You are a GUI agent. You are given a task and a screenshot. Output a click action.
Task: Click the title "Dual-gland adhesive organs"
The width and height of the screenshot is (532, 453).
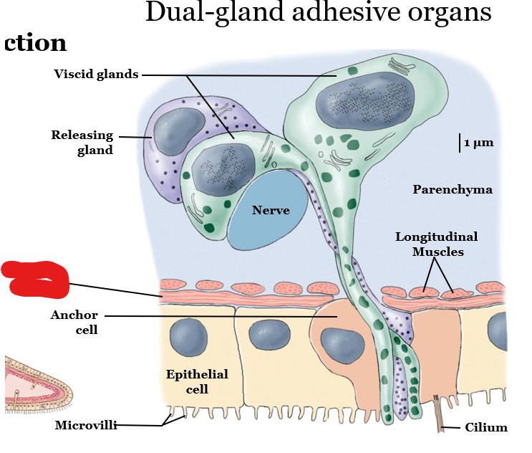click(x=318, y=13)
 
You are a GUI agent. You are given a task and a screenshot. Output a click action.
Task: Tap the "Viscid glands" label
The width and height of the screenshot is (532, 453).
click(x=96, y=74)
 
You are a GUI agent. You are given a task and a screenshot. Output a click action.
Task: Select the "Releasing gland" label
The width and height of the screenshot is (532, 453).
click(x=82, y=143)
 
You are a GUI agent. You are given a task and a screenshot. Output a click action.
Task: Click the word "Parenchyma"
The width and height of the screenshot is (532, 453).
click(x=453, y=189)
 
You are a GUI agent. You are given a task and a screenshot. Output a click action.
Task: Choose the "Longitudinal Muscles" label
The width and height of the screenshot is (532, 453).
click(x=436, y=244)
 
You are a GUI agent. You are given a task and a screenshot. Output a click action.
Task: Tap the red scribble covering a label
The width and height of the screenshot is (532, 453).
click(x=36, y=279)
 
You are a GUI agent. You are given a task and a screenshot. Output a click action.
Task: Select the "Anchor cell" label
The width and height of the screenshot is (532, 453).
click(x=74, y=323)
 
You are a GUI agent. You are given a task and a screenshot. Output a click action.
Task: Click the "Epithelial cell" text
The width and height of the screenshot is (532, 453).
click(x=197, y=381)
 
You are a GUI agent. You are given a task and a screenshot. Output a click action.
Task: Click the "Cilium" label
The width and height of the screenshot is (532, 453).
click(x=486, y=428)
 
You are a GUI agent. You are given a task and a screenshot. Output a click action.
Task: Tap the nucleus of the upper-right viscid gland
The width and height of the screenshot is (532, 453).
click(x=367, y=100)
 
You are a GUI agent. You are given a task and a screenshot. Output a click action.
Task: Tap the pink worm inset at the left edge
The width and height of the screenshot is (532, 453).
click(x=36, y=383)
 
